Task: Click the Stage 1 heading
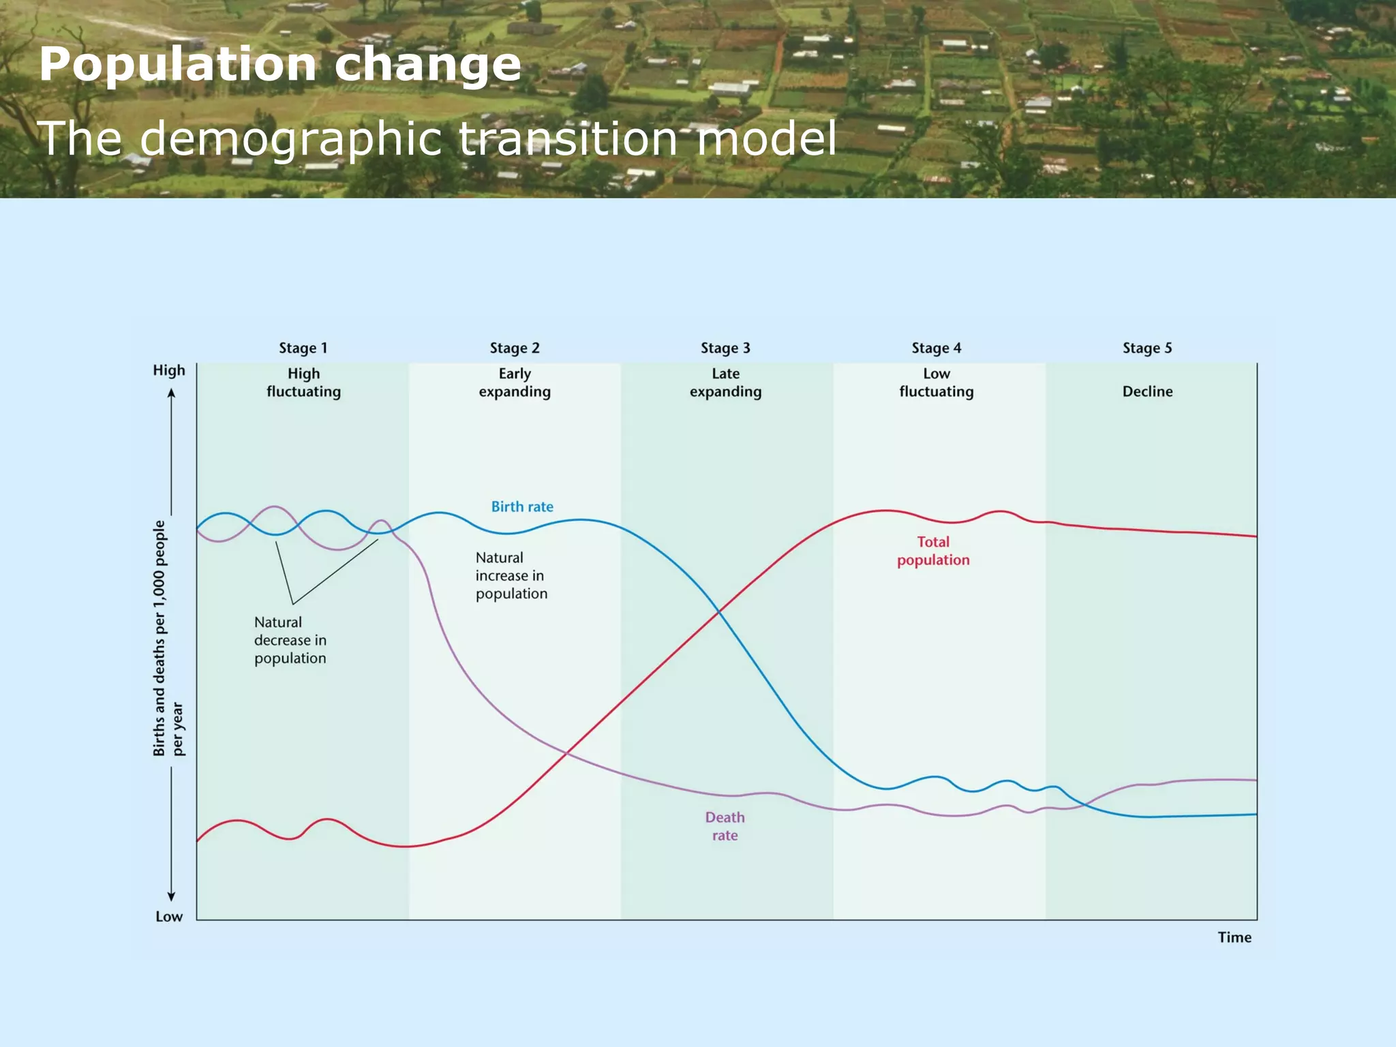(x=303, y=348)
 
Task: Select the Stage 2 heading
(x=515, y=348)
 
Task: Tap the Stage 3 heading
(x=725, y=348)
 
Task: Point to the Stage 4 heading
(x=937, y=348)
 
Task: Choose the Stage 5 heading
(x=1147, y=348)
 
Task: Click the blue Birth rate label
(x=522, y=506)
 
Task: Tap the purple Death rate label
(x=725, y=826)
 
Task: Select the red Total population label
(x=933, y=551)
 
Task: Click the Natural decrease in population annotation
(x=290, y=640)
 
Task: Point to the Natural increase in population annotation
(x=511, y=575)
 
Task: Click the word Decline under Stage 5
(x=1147, y=391)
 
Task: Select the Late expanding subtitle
(x=725, y=382)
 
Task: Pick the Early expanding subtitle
(x=515, y=382)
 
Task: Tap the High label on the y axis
(x=169, y=370)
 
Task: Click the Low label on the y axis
(x=169, y=917)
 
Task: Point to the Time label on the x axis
(x=1234, y=937)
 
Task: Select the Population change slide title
(x=280, y=65)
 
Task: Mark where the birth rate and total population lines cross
(x=718, y=612)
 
